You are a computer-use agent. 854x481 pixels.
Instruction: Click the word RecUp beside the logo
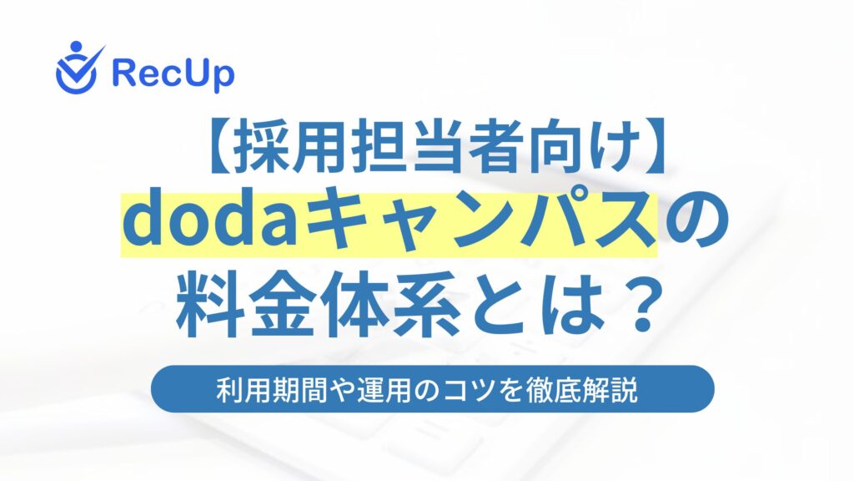(173, 73)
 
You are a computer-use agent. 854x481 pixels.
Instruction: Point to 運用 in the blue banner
(384, 390)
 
